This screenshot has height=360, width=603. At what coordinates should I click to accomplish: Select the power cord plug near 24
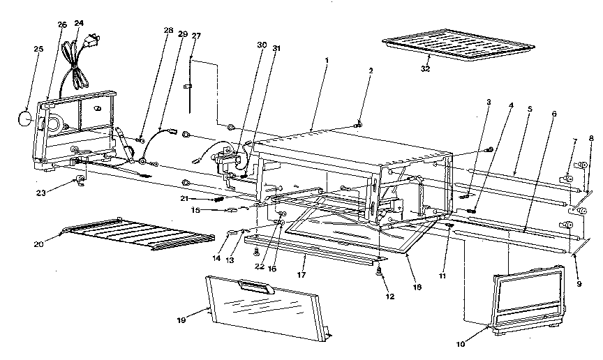pyautogui.click(x=89, y=46)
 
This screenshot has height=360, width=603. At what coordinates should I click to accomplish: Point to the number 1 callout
pyautogui.click(x=327, y=60)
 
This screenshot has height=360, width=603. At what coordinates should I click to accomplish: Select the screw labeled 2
pyautogui.click(x=358, y=125)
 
